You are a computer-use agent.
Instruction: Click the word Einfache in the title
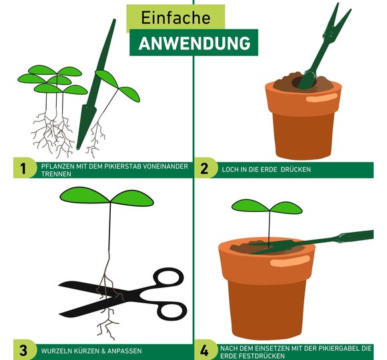175,17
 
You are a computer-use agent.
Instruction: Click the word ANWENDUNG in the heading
194,43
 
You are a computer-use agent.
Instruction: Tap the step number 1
23,169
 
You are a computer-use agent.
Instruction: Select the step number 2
204,169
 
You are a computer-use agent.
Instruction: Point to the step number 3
23,351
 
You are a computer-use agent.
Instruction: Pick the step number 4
204,351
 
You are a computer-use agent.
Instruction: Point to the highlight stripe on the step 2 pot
321,97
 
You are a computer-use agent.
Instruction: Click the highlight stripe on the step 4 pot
290,261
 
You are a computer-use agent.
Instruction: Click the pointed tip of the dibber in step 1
78,148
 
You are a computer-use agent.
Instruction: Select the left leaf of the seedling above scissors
85,195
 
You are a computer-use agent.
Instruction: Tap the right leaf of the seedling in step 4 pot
286,208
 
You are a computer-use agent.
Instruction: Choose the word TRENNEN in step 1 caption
56,174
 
